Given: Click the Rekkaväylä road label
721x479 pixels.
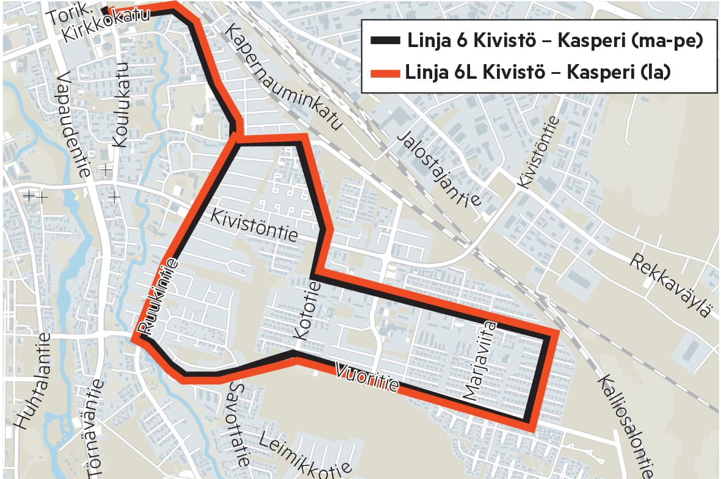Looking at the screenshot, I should coord(671,285).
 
